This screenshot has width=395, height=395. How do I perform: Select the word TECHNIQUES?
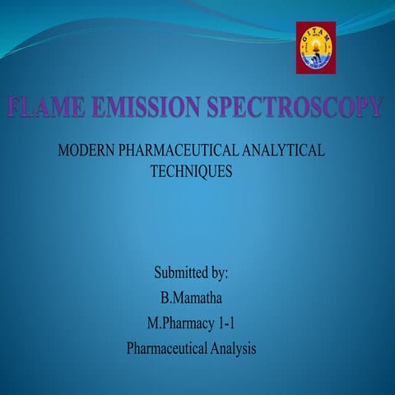pyautogui.click(x=192, y=172)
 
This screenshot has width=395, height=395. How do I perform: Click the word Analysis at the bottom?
pyautogui.click(x=234, y=348)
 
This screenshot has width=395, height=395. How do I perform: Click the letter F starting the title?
pyautogui.click(x=15, y=107)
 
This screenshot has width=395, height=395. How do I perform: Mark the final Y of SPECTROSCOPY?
pyautogui.click(x=375, y=107)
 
